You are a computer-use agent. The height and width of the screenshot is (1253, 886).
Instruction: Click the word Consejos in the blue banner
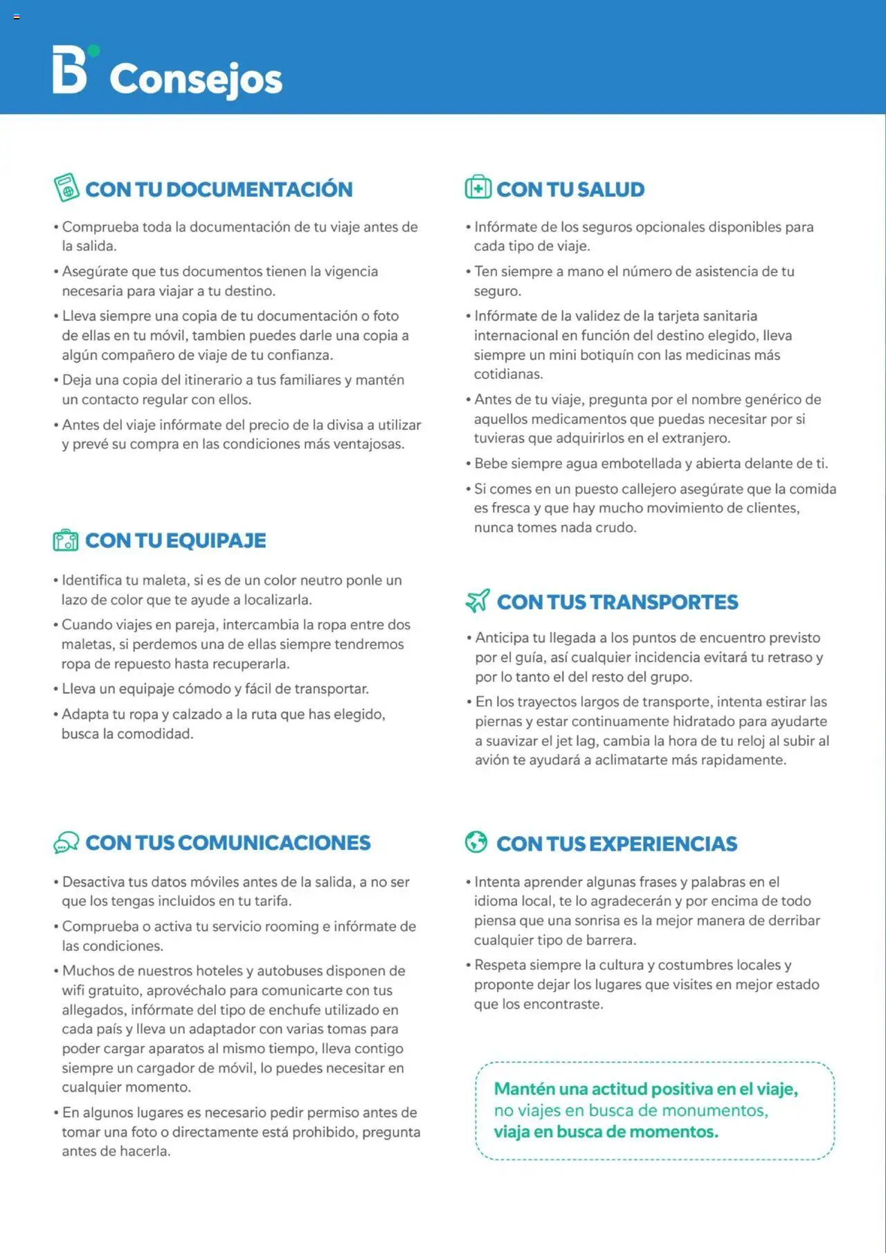[x=196, y=79]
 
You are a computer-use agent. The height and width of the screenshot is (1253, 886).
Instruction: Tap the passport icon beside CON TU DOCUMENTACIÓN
[x=66, y=188]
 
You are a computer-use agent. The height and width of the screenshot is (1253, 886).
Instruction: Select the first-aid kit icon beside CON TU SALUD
[x=478, y=187]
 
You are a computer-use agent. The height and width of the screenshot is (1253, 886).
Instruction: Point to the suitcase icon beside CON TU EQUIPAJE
[x=66, y=540]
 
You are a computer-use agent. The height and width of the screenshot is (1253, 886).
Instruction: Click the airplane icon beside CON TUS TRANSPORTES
[x=478, y=601]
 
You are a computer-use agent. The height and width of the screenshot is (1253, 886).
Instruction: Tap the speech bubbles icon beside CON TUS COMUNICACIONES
[x=66, y=842]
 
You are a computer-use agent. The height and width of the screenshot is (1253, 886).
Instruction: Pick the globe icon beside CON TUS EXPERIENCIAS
[x=476, y=842]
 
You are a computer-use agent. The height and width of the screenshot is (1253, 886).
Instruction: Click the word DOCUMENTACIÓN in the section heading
[x=260, y=189]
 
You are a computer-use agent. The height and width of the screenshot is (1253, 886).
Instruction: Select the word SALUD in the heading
[x=611, y=189]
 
